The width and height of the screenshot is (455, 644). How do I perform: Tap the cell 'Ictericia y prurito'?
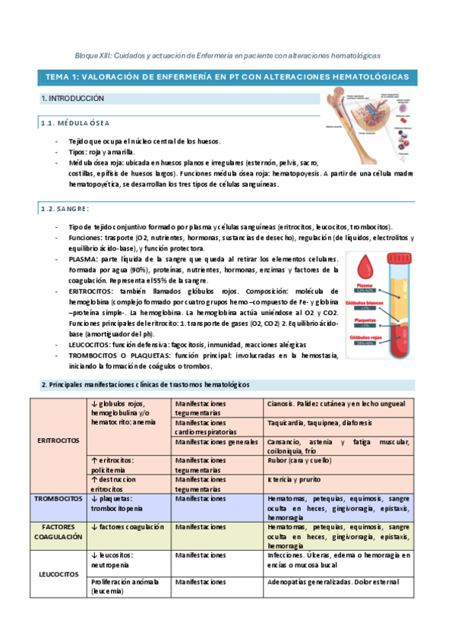point(295,480)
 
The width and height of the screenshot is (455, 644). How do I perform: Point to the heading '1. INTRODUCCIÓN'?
point(72,99)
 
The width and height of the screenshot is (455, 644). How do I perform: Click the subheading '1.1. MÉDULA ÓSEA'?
point(75,123)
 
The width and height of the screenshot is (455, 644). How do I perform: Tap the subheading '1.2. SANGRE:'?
point(65,209)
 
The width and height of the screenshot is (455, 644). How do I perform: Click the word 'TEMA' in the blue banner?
point(58,77)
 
